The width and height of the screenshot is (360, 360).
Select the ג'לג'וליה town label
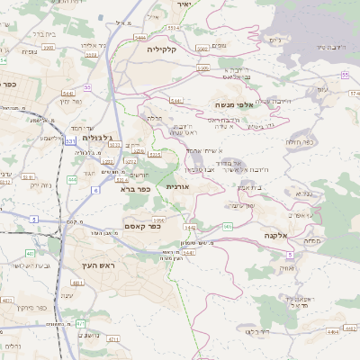point(97,138)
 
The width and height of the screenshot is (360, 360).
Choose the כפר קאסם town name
point(142,227)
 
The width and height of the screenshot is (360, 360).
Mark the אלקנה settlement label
point(274,235)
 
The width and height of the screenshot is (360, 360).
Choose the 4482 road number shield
point(333,332)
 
